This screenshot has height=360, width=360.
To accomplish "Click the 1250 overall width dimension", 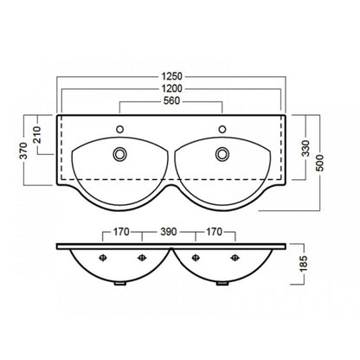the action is [171, 76].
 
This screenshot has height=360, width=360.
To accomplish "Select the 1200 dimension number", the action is [171, 88].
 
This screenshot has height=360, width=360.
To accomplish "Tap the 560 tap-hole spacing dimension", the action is [171, 100].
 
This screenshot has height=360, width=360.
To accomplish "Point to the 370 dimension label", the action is [23, 151].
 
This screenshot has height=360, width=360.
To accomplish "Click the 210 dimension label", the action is [37, 135].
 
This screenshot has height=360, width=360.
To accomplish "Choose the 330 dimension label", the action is [305, 148].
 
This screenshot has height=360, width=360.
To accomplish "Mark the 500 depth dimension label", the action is [320, 163].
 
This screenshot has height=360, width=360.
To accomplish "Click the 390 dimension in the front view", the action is [168, 232].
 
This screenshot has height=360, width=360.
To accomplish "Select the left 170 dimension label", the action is [121, 232].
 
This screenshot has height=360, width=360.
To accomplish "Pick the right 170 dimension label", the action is [214, 232].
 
